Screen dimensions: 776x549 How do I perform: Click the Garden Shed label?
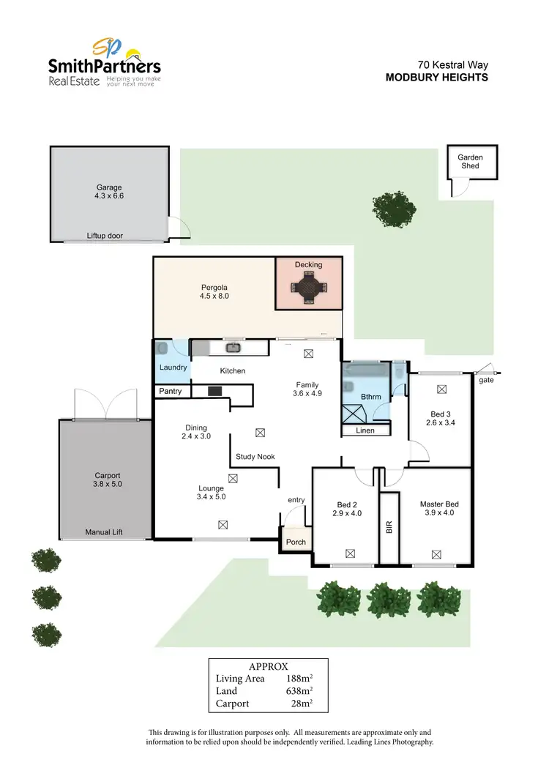470,161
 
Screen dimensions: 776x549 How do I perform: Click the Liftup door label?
105,236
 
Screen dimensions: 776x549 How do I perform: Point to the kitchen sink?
233,348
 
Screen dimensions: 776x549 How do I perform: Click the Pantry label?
170,392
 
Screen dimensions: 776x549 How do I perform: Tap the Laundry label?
173,367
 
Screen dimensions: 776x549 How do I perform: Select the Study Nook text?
255,457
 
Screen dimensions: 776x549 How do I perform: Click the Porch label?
296,542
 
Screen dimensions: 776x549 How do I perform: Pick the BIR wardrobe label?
389,527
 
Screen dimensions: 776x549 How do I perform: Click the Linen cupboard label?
365,430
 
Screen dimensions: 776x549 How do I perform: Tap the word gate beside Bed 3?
485,381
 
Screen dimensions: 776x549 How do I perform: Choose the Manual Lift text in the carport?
104,532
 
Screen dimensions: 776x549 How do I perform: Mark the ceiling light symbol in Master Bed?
437,554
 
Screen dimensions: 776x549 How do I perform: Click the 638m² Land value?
300,690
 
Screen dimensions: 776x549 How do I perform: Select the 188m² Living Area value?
300,678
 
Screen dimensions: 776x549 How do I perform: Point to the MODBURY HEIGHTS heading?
436,77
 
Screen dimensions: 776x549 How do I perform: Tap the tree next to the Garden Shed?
395,208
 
